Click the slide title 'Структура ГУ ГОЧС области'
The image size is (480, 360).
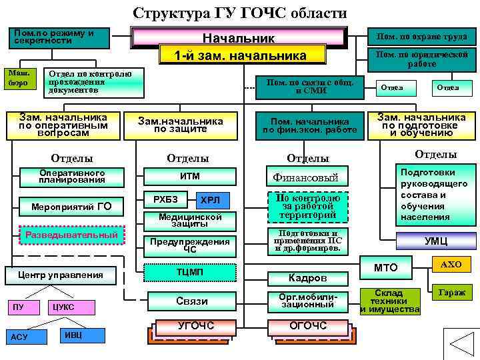pos(240,13)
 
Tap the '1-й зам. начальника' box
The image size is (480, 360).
pos(240,55)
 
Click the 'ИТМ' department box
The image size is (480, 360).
pos(190,176)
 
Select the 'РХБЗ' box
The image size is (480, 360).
pos(165,199)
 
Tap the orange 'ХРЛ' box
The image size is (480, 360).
pos(215,200)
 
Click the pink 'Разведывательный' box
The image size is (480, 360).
pos(71,235)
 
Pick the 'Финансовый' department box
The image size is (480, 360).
pos(306,177)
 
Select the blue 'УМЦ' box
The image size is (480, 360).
pos(436,241)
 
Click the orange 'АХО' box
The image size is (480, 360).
pos(451,265)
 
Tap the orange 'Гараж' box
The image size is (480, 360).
pos(451,292)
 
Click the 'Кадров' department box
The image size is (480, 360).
pos(307,277)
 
